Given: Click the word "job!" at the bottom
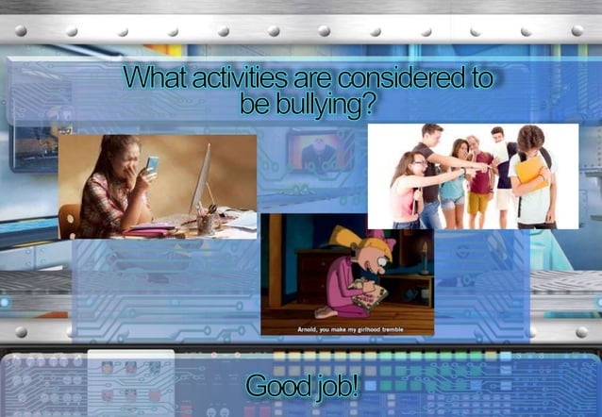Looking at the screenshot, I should click(x=335, y=385).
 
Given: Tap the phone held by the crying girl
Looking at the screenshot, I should click(x=152, y=164).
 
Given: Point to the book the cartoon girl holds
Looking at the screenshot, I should click(x=371, y=294).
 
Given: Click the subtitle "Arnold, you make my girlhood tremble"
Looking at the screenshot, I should click(x=346, y=329).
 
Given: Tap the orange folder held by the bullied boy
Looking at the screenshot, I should click(x=530, y=173).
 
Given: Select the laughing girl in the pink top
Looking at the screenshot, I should click(x=403, y=189).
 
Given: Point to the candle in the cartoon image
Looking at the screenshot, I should click(x=424, y=250).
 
